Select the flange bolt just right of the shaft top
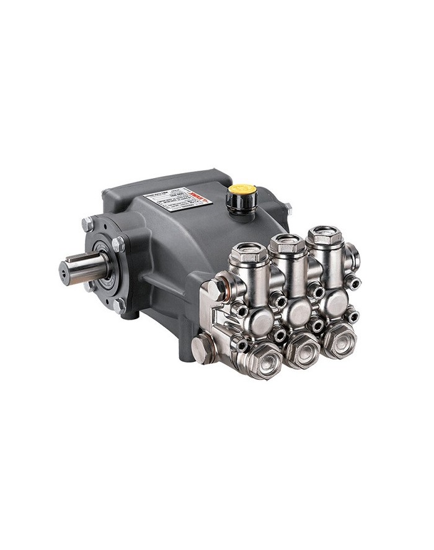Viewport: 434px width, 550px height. coord(118,244)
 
